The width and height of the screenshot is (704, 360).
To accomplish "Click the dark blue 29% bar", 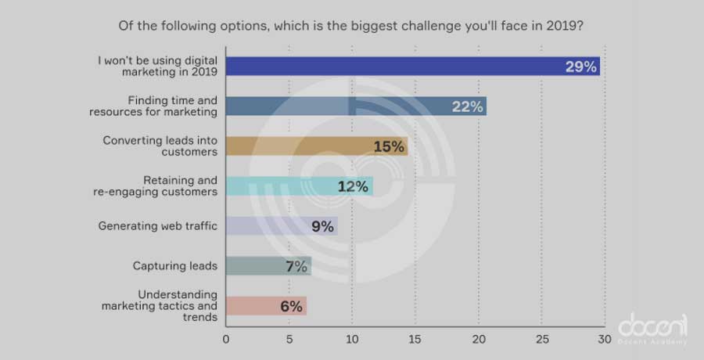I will (413, 66).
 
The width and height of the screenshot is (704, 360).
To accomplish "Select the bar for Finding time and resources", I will (356, 106).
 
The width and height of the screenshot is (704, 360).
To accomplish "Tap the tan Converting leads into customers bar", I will (317, 146).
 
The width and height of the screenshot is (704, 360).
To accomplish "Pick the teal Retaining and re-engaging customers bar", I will (299, 186).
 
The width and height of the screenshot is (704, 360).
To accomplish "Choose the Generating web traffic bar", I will (282, 226).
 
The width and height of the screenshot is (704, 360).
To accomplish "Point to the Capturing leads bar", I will (268, 266).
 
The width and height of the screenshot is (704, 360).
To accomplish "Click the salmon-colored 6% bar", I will (266, 306).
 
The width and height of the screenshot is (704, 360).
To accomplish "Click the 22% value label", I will (466, 106).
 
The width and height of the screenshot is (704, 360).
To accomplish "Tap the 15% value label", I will (389, 146).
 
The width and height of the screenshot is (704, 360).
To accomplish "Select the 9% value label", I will (322, 227).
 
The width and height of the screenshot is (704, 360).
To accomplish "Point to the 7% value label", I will (295, 266).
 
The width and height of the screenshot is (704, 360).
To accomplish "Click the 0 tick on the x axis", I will (226, 339).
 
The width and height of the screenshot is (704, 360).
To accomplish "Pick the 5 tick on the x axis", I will (289, 339).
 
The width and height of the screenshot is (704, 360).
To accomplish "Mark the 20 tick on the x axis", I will (478, 339).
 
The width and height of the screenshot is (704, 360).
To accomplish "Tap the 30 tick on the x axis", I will (604, 339).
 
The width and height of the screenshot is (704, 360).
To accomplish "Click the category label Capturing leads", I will (174, 266).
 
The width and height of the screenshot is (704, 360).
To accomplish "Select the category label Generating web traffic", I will (157, 226).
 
